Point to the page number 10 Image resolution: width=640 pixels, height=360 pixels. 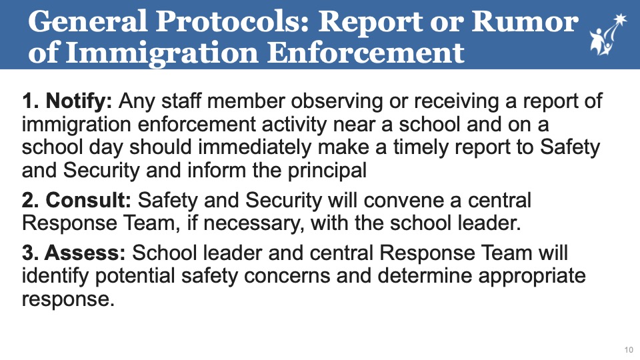pyautogui.click(x=628, y=349)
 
